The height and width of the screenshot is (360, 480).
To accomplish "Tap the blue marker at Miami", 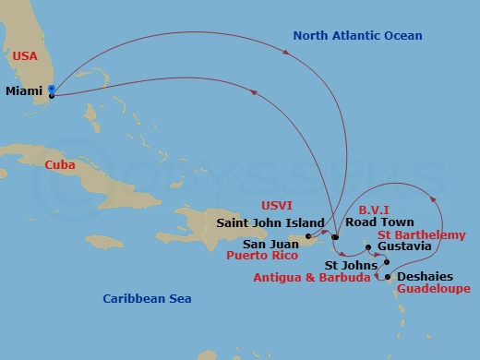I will click(52, 90).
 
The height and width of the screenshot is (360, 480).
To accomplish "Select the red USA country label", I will click(25, 56).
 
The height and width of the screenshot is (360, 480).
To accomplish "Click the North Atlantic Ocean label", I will click(357, 36).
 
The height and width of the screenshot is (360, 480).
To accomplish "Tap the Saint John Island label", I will click(270, 222).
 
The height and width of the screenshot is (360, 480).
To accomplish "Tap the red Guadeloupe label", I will click(432, 289).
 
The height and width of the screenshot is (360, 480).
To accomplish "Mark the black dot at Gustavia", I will click(368, 247).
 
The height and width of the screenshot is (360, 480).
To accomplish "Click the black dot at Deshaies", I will click(388, 277).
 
